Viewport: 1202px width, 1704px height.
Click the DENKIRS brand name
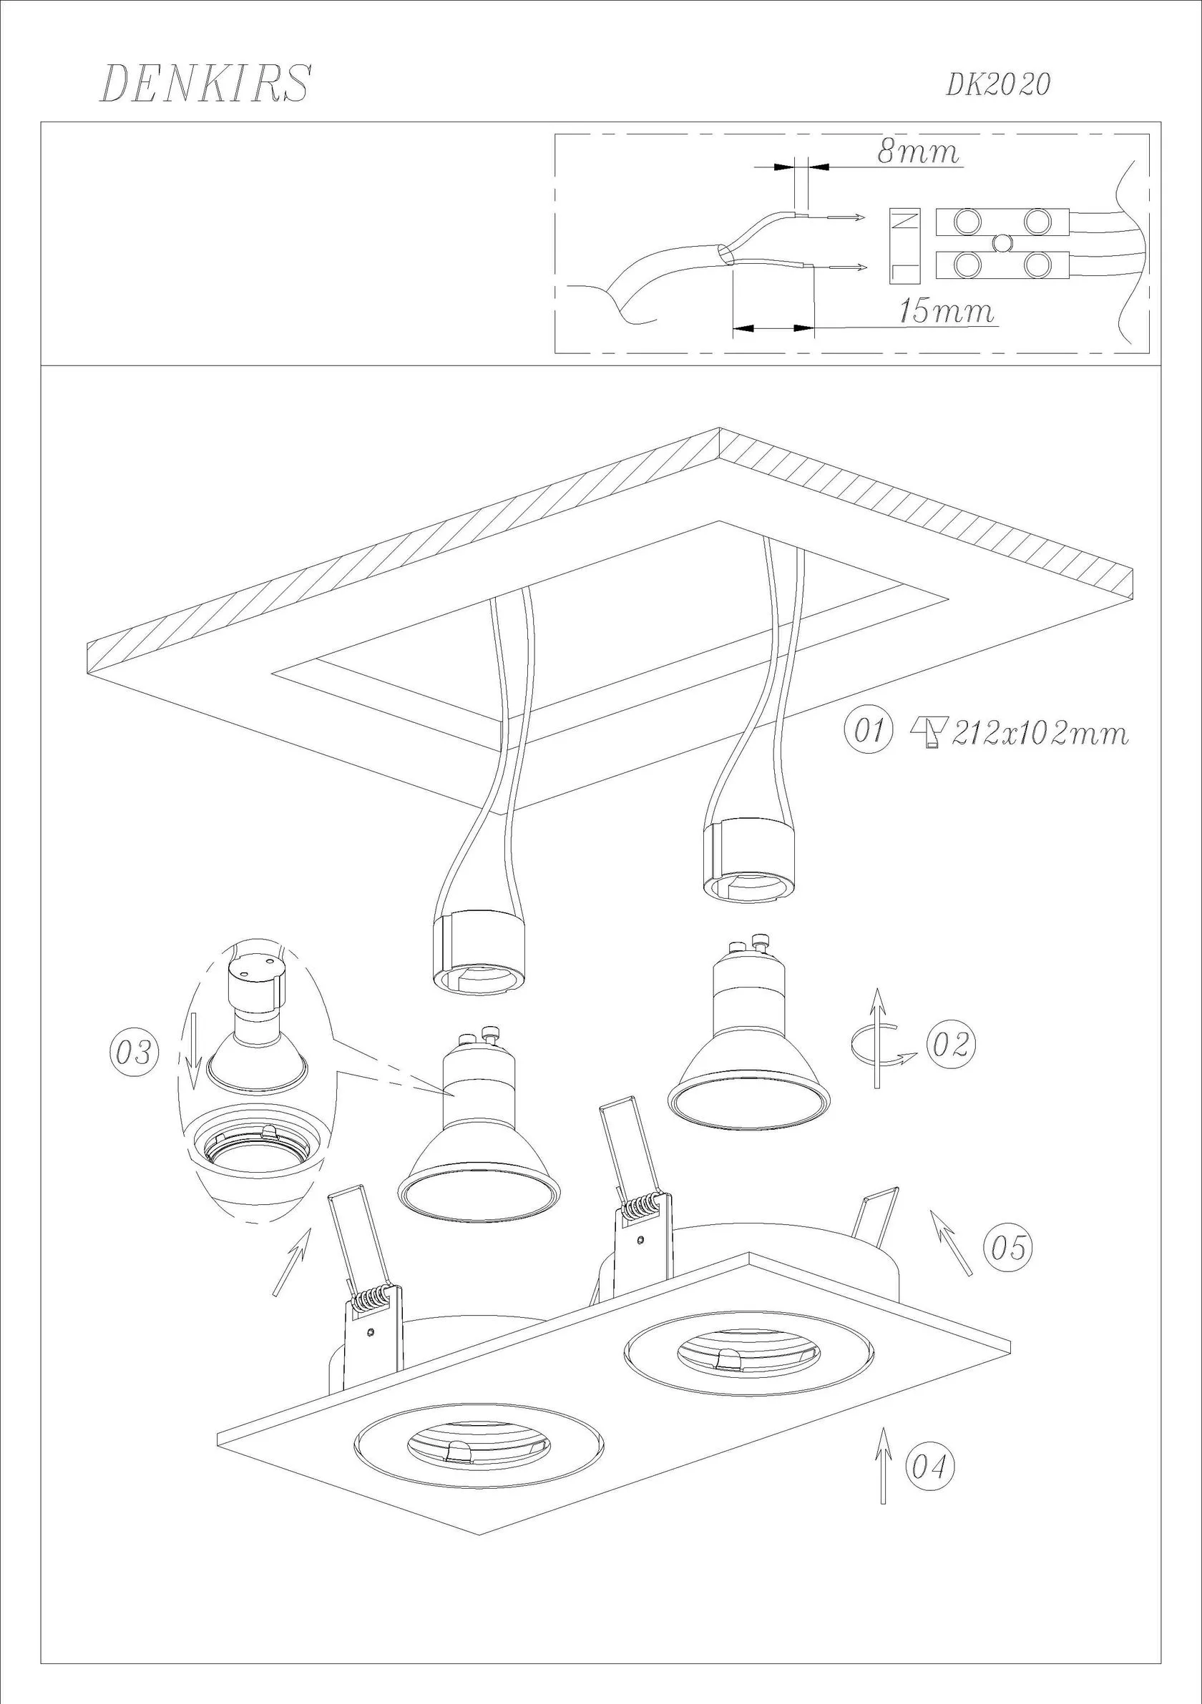pos(205,83)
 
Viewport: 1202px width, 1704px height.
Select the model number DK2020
pos(998,85)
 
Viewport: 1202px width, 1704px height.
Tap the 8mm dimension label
pos(919,152)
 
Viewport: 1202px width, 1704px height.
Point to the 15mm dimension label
pos(947,311)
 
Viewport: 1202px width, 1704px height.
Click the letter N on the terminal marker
pos(905,220)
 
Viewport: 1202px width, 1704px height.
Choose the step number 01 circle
pos(867,731)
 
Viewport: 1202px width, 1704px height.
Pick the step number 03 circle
pos(134,1053)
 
